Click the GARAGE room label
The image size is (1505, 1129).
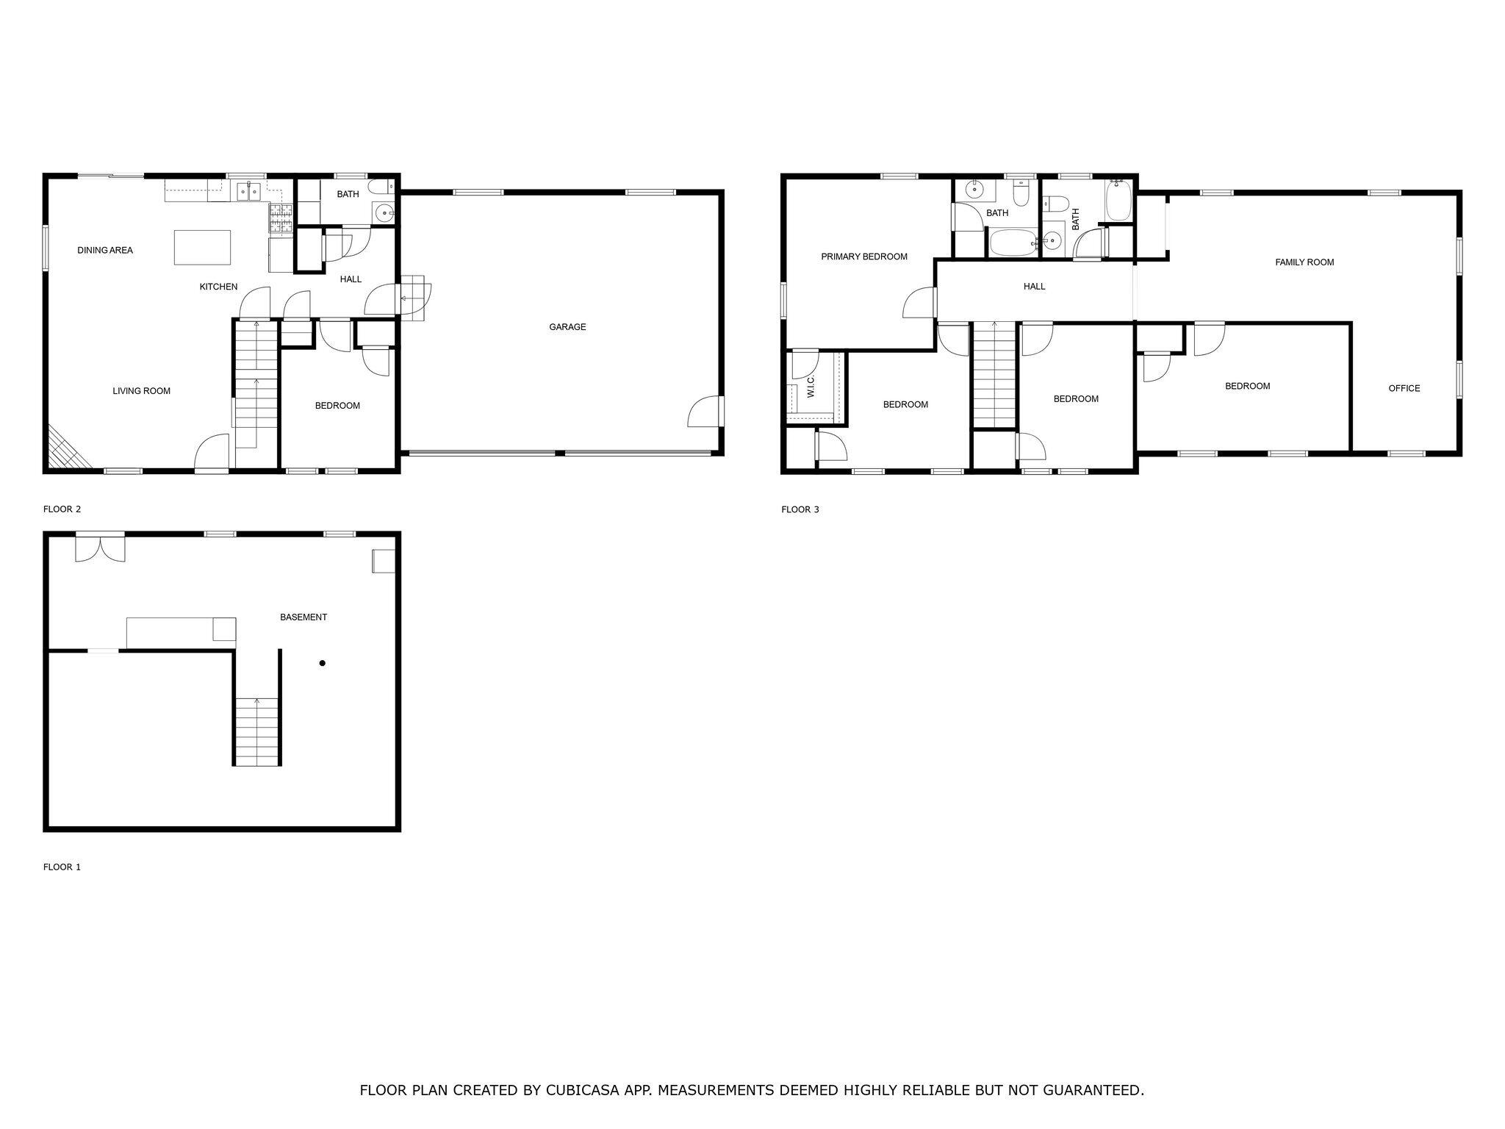(x=567, y=327)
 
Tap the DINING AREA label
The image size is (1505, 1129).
(x=105, y=251)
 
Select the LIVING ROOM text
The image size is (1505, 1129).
(x=141, y=391)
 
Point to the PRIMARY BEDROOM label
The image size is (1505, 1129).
(x=864, y=257)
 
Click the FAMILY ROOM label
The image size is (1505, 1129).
(x=1304, y=262)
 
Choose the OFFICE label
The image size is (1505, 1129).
(x=1404, y=388)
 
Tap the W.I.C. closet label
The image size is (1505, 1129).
(x=811, y=387)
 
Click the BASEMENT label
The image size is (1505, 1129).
(x=303, y=617)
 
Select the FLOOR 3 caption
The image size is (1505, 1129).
(x=800, y=509)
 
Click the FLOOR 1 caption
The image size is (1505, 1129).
(x=62, y=867)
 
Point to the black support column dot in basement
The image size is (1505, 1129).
(x=322, y=664)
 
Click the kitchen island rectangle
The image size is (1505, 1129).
(x=202, y=247)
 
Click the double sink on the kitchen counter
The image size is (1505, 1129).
(x=248, y=192)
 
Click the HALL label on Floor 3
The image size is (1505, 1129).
(x=1034, y=287)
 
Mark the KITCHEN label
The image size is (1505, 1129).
(x=218, y=287)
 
